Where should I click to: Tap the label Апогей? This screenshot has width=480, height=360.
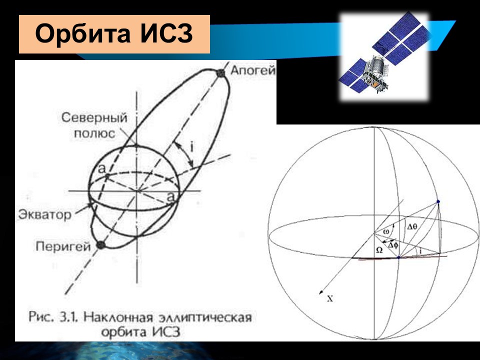pyautogui.click(x=253, y=70)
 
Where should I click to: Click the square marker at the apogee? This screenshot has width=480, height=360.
pyautogui.click(x=220, y=73)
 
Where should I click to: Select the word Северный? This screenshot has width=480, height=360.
pyautogui.click(x=94, y=118)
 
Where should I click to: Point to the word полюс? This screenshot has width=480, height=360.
pyautogui.click(x=94, y=133)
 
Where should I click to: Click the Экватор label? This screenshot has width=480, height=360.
pyautogui.click(x=44, y=214)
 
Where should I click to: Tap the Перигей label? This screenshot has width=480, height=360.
pyautogui.click(x=63, y=246)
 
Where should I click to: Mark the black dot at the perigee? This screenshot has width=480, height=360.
pyautogui.click(x=100, y=244)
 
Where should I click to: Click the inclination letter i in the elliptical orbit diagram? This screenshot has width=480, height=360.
pyautogui.click(x=191, y=147)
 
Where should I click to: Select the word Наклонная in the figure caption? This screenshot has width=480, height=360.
pyautogui.click(x=118, y=317)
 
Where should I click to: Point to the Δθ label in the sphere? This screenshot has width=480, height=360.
pyautogui.click(x=412, y=226)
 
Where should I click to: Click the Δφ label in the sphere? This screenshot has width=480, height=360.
pyautogui.click(x=393, y=245)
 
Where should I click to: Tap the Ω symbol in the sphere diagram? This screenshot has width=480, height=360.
pyautogui.click(x=379, y=250)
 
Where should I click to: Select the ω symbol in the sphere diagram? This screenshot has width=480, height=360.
pyautogui.click(x=386, y=231)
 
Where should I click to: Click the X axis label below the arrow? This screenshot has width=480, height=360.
pyautogui.click(x=329, y=298)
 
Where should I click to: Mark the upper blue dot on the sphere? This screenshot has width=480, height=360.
pyautogui.click(x=438, y=201)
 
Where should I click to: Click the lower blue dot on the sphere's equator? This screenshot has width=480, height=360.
pyautogui.click(x=398, y=258)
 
